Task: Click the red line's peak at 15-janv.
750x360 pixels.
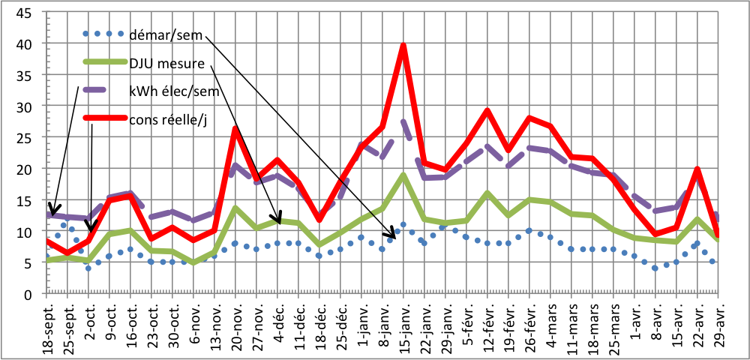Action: pyautogui.click(x=403, y=46)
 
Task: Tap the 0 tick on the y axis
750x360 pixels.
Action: pyautogui.click(x=26, y=295)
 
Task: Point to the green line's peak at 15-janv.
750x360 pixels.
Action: pyautogui.click(x=403, y=175)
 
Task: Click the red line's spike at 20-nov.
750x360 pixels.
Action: pyautogui.click(x=235, y=128)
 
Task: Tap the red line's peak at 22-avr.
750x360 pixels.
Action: pyautogui.click(x=697, y=169)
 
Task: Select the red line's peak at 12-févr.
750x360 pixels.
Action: pyautogui.click(x=487, y=110)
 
